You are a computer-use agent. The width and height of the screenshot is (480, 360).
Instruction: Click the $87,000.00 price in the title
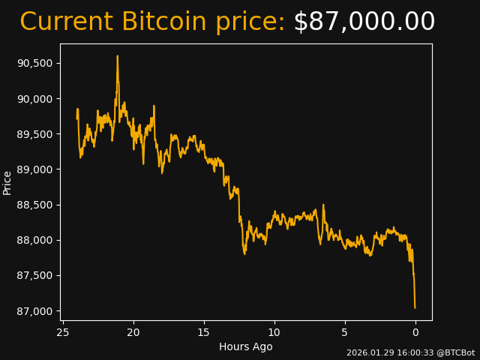point(364,22)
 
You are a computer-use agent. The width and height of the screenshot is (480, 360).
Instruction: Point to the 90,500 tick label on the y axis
point(34,63)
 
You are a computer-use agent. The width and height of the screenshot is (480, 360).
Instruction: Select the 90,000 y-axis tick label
point(34,99)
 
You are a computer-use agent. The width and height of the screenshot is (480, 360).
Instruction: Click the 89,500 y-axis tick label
point(34,134)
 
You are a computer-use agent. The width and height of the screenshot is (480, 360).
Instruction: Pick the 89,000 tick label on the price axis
point(34,169)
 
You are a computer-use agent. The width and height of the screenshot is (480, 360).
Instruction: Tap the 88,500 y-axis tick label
point(34,205)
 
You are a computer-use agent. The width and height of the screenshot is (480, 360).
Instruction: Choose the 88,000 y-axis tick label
point(34,240)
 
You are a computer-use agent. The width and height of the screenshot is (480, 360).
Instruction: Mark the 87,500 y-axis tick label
point(34,276)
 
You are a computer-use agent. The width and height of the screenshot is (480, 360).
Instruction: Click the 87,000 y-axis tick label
point(34,311)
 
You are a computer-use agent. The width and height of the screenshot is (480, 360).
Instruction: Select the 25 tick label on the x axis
point(63,332)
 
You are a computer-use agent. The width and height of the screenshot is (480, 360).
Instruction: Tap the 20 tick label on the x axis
point(133,332)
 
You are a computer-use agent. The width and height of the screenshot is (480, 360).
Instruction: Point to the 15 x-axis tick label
point(204,332)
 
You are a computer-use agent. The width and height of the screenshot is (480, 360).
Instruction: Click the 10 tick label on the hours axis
point(274,332)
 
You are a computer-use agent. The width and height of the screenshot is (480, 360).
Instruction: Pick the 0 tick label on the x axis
point(415,332)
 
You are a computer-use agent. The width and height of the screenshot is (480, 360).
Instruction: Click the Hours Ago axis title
point(246,346)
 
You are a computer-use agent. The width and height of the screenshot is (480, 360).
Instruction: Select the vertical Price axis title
point(7,182)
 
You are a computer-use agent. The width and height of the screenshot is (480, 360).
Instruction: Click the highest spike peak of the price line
point(117,56)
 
